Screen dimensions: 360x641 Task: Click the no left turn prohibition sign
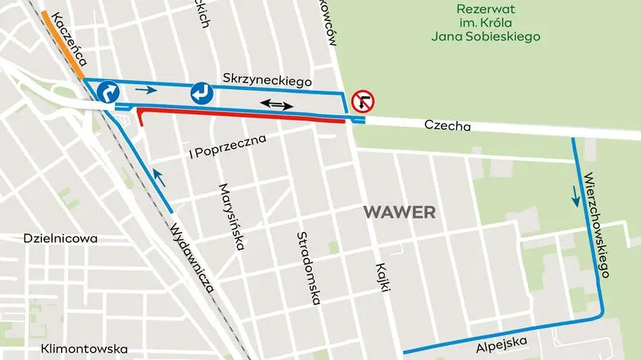(x=363, y=101)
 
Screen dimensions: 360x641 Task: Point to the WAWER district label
(x=399, y=212)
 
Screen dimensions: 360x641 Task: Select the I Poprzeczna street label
(x=227, y=148)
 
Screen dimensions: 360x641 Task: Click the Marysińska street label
(x=231, y=217)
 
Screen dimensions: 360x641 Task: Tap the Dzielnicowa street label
(x=60, y=238)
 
